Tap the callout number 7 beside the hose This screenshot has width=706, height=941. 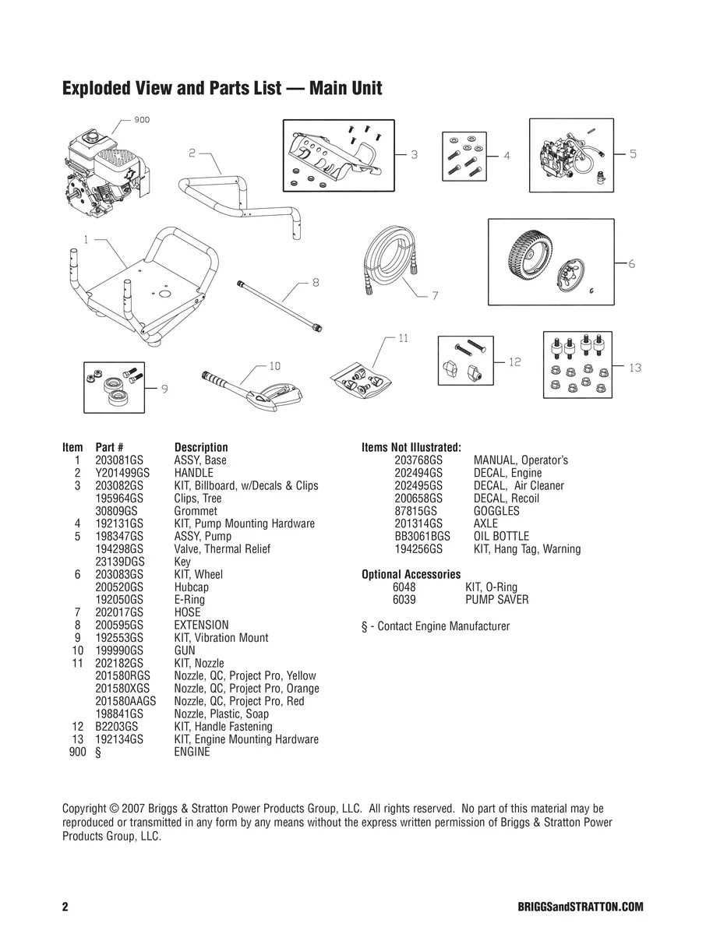point(435,295)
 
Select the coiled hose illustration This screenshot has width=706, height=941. point(391,259)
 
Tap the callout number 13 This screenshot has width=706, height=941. point(635,367)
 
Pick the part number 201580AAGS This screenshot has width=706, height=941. point(125,701)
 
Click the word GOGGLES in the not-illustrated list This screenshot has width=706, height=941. point(496,511)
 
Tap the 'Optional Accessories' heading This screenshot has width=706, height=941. point(411,575)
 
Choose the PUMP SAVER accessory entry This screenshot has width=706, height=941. point(496,600)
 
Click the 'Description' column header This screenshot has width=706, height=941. point(201,447)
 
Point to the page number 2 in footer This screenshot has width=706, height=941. point(65,908)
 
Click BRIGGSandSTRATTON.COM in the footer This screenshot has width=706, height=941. point(580,908)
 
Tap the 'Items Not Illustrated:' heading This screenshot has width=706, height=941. point(411,447)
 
